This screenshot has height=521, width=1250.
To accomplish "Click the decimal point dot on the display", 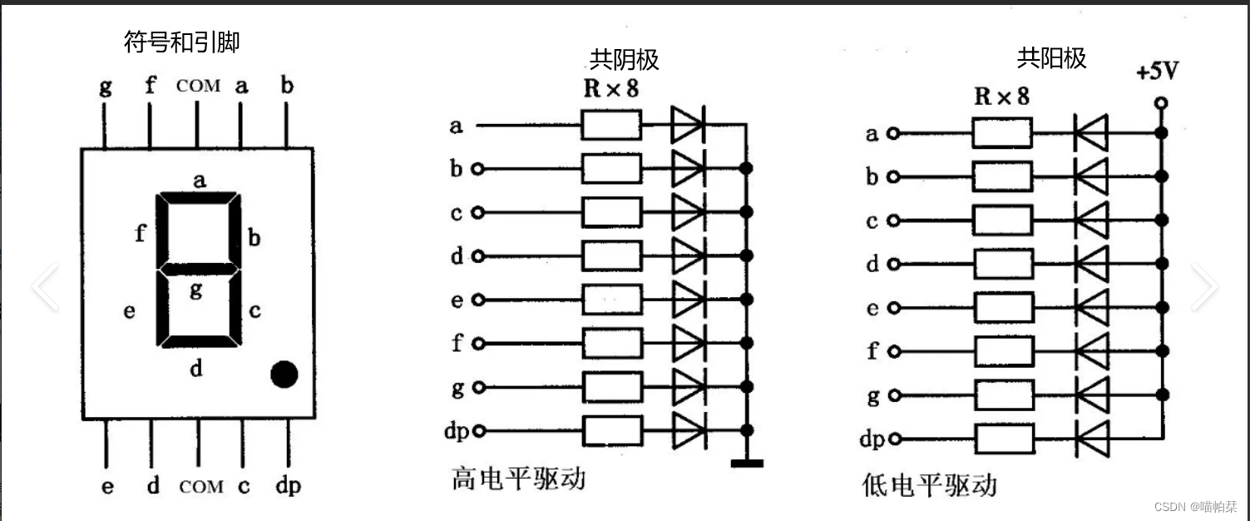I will point(284,374).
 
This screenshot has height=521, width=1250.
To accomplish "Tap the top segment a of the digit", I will point(199,197).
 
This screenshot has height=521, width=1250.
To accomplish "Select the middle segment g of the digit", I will point(199,270).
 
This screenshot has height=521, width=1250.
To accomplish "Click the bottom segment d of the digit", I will point(199,341).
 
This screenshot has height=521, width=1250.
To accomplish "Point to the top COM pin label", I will point(199,86).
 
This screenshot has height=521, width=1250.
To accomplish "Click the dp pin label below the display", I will point(288,487).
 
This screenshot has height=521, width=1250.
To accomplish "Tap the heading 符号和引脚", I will point(181,42).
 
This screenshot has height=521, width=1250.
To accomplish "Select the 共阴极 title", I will point(625,59).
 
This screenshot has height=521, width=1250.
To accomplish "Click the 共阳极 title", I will point(1051,57).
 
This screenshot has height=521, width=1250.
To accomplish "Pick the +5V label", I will point(1157,72).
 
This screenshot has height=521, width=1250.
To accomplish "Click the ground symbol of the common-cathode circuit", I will point(747,463).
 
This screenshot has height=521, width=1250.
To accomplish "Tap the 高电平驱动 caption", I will point(518,479).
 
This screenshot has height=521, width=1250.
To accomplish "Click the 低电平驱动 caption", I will point(929,485).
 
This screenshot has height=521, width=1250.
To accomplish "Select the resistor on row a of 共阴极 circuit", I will point(611,126).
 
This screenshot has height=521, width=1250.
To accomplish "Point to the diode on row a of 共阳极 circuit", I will point(1091,133).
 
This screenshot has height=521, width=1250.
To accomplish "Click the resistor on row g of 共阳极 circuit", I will point(1002,394).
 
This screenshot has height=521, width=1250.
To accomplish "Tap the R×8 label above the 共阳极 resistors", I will point(1001,97).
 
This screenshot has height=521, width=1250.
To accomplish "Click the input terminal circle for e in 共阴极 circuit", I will point(477,300).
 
